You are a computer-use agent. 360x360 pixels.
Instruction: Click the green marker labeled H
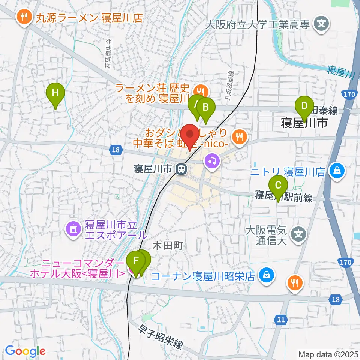click(x=55, y=92)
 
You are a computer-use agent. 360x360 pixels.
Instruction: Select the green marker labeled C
click(x=278, y=185)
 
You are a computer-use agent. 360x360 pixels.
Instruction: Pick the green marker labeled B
click(x=205, y=107)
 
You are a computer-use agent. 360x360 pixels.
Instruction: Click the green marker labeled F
click(x=136, y=260)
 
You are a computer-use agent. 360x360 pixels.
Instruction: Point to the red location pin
click(x=191, y=135)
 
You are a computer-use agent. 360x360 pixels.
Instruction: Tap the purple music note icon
click(x=212, y=161)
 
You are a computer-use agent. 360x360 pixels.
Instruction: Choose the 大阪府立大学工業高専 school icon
click(x=321, y=24)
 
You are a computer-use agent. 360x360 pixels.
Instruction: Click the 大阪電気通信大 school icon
click(x=299, y=234)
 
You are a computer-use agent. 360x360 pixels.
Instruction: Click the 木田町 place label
click(x=168, y=246)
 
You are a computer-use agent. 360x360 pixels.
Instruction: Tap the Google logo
click(x=25, y=351)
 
